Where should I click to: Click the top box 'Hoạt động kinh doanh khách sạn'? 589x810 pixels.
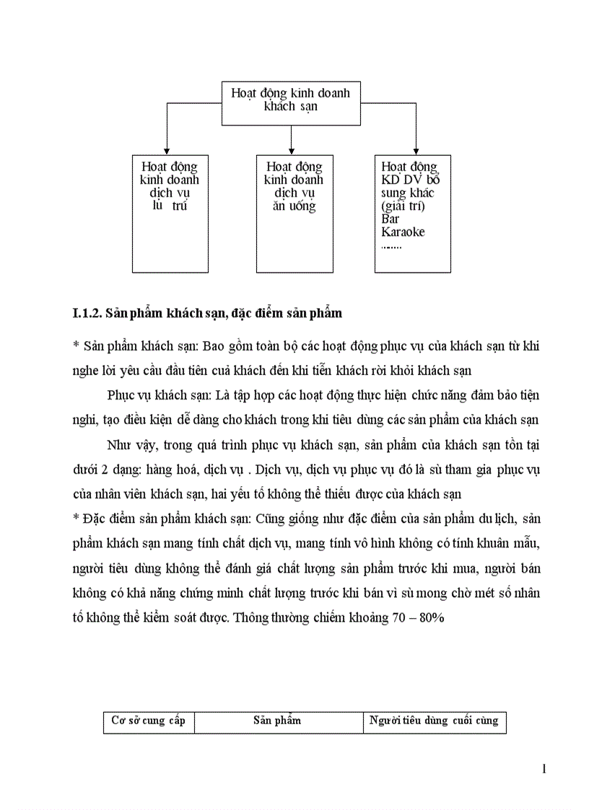click(x=290, y=102)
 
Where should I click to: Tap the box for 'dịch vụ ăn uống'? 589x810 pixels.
click(x=294, y=213)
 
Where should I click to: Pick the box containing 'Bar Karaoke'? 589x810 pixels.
click(x=413, y=213)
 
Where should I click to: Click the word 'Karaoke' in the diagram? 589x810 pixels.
click(x=403, y=232)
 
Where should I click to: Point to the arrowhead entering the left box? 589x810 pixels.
click(x=167, y=150)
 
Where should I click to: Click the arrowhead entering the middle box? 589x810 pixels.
click(x=291, y=150)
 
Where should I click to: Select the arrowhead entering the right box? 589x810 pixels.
click(x=416, y=150)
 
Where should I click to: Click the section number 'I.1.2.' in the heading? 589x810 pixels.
click(x=87, y=314)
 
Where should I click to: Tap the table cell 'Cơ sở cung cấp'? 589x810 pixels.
click(x=148, y=721)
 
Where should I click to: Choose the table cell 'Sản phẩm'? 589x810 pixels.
click(x=277, y=721)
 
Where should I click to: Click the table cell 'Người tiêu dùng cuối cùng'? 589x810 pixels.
click(x=434, y=721)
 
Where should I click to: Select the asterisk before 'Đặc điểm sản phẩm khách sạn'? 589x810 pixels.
click(x=77, y=520)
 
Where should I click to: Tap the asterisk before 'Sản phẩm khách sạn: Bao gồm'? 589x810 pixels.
click(x=77, y=346)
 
